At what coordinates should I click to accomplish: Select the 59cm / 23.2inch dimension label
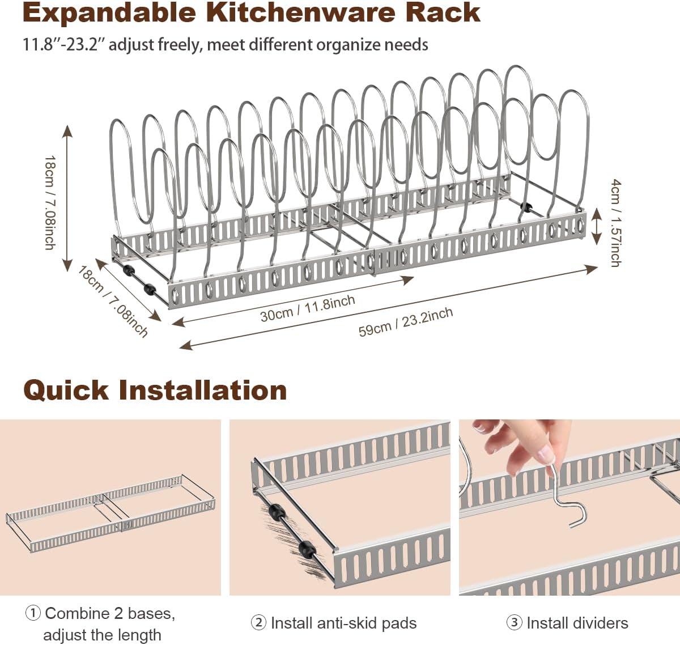pyautogui.click(x=406, y=322)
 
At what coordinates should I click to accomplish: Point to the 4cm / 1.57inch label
pyautogui.click(x=615, y=223)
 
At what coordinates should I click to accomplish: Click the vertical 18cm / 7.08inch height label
pyautogui.click(x=49, y=202)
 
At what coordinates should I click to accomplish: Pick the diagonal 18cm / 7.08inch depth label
pyautogui.click(x=113, y=301)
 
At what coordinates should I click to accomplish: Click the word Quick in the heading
pyautogui.click(x=65, y=390)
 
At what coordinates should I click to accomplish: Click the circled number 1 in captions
pyautogui.click(x=33, y=613)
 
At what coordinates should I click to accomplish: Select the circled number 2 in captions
pyautogui.click(x=258, y=623)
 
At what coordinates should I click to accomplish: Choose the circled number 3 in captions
pyautogui.click(x=514, y=623)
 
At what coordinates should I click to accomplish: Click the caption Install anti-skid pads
pyautogui.click(x=343, y=623)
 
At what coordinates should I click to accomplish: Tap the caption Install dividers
pyautogui.click(x=577, y=623)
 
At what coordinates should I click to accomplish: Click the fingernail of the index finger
pyautogui.click(x=546, y=453)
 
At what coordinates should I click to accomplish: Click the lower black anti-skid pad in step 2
pyautogui.click(x=305, y=549)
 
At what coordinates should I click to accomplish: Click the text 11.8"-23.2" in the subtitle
pyautogui.click(x=63, y=44)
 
